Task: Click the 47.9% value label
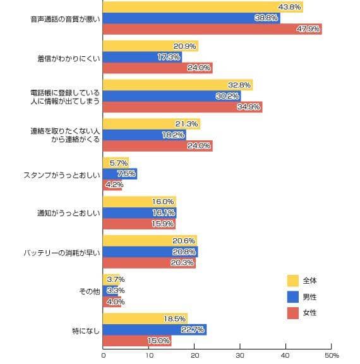pos(308,29)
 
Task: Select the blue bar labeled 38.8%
pos(191,18)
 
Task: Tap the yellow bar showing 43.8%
pos(203,7)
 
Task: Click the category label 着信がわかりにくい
pos(69,58)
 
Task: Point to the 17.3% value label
pos(169,57)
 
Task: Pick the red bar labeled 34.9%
pos(183,107)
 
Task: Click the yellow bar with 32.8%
pos(178,85)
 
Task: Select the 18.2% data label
pos(173,135)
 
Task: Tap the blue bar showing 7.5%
pos(120,174)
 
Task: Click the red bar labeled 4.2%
pos(112,185)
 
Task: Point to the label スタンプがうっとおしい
pos(62,175)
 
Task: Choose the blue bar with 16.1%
pos(140,213)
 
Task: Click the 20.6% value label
pos(184,241)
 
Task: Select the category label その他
pos(90,291)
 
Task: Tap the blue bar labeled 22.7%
pos(155,330)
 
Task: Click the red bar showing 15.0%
pos(137,341)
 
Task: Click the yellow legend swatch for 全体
pos(292,281)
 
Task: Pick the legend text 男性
pos(309,297)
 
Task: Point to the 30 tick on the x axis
pos(240,355)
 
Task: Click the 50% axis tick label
pos(332,355)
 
